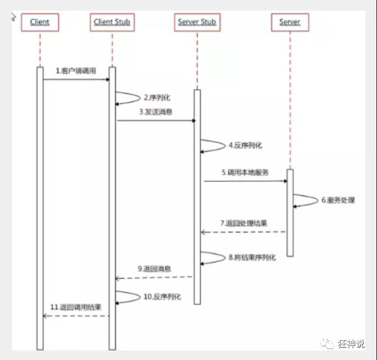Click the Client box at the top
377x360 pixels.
pyautogui.click(x=40, y=22)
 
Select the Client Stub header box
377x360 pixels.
pyautogui.click(x=112, y=22)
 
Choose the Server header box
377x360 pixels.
pyautogui.click(x=290, y=22)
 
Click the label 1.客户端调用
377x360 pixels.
pyautogui.click(x=76, y=71)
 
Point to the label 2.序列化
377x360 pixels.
pyautogui.click(x=157, y=98)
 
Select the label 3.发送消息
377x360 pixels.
pyautogui.click(x=156, y=112)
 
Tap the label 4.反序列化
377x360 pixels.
pyautogui.click(x=245, y=145)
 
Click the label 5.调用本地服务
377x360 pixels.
pyautogui.click(x=246, y=172)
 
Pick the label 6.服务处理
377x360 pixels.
pyautogui.click(x=338, y=200)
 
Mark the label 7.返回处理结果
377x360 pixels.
pyautogui.click(x=244, y=223)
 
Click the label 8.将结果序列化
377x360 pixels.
pyautogui.click(x=253, y=257)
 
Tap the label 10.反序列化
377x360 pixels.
pyautogui.click(x=162, y=296)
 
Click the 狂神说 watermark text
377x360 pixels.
pyautogui.click(x=352, y=344)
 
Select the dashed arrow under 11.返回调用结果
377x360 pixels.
pyautogui.click(x=76, y=316)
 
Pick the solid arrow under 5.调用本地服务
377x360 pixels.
pyautogui.click(x=245, y=181)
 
